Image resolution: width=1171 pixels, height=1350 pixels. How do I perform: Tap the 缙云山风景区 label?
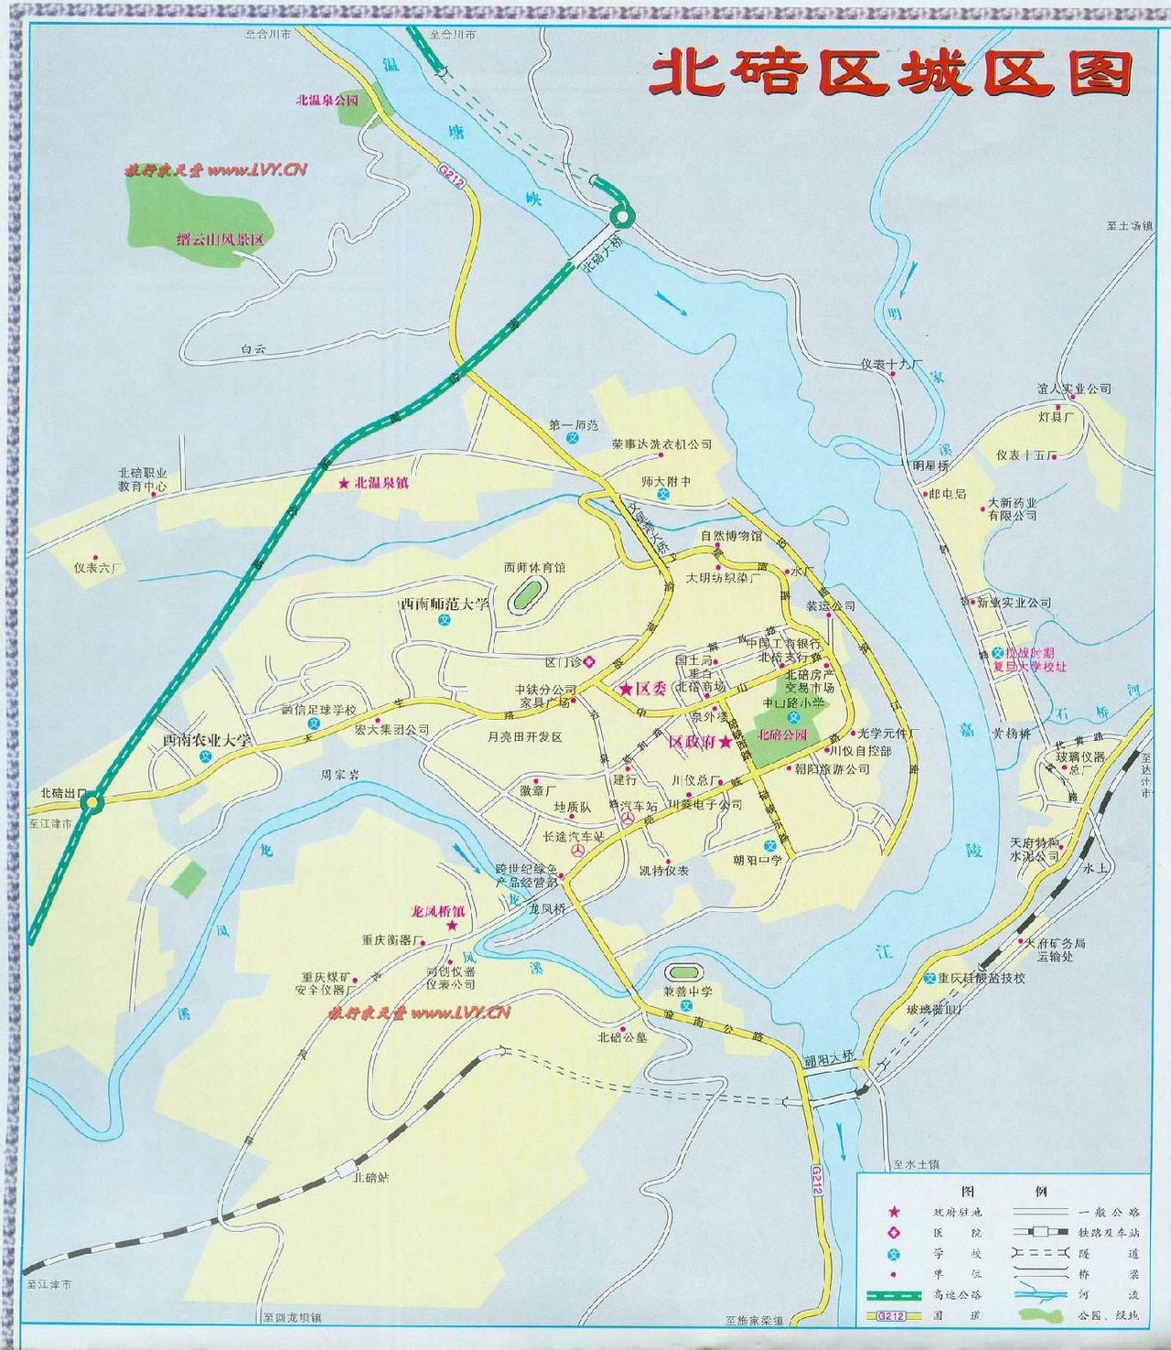click(220, 240)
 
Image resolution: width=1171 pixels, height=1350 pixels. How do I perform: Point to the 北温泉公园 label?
click(327, 101)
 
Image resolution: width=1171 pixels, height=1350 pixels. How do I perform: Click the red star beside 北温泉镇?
click(345, 482)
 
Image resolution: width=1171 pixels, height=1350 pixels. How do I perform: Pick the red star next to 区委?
click(627, 687)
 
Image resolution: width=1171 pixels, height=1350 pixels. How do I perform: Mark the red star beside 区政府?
click(725, 742)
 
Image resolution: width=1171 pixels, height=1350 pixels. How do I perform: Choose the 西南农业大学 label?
click(207, 740)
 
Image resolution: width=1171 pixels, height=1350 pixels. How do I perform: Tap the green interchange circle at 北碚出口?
click(91, 803)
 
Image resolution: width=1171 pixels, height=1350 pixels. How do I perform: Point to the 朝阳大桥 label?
click(828, 1057)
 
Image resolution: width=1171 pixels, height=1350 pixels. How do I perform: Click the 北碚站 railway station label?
click(371, 1177)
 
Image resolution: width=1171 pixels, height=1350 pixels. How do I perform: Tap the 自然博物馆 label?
click(731, 535)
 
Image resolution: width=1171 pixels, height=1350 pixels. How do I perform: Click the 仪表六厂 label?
click(98, 567)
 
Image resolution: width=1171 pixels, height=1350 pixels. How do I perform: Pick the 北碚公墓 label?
click(622, 1037)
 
